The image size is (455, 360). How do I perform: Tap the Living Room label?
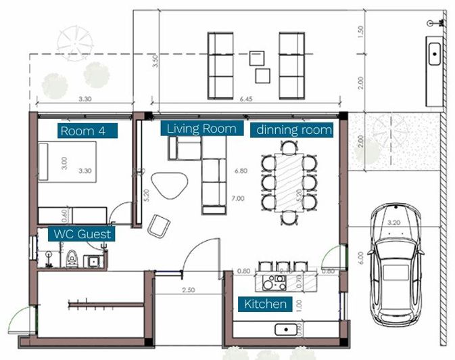pos(201,128)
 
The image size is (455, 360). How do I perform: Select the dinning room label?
pos(292,130)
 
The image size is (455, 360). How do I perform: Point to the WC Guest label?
pos(82,234)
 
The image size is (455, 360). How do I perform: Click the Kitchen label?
pos(266,304)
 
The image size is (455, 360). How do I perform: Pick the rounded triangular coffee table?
pos(169,184)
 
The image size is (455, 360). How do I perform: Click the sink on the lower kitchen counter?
pos(289,330)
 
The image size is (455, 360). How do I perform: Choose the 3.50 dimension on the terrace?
pos(155,61)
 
